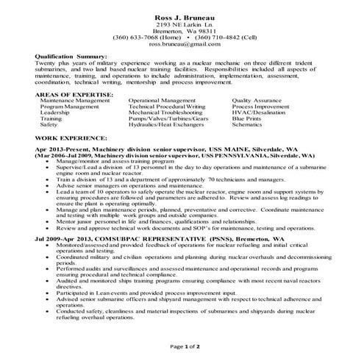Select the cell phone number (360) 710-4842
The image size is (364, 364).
click(217, 37)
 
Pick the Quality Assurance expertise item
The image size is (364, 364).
click(257, 99)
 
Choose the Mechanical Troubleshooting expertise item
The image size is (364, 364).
click(163, 112)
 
